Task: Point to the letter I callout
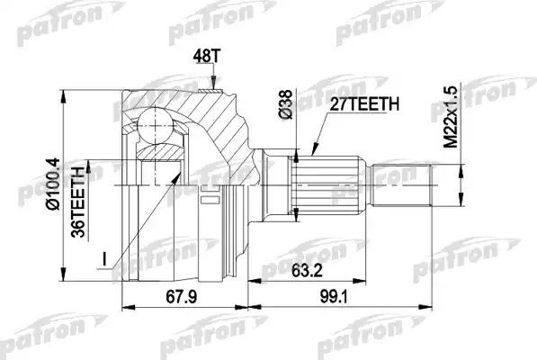tap(104, 260)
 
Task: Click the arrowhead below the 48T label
tap(212, 85)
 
